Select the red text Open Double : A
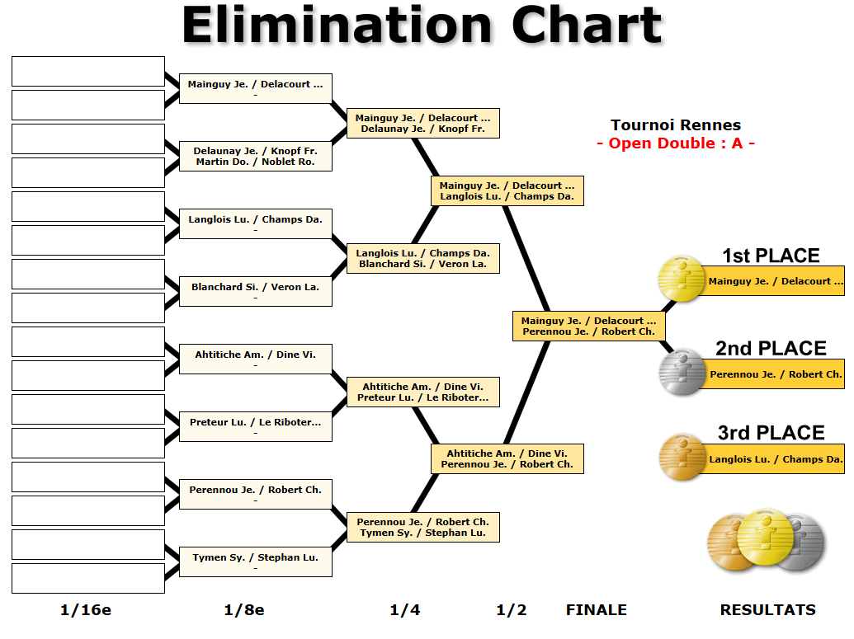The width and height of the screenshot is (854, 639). click(675, 143)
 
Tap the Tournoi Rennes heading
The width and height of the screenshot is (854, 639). click(675, 125)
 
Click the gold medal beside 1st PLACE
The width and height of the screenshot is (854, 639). click(682, 279)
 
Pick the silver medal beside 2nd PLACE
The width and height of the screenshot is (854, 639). click(682, 373)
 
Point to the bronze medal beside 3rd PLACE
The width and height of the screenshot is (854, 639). click(682, 457)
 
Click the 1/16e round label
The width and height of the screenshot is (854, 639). click(86, 610)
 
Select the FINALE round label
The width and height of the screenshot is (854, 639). click(596, 610)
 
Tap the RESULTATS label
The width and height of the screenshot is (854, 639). click(767, 610)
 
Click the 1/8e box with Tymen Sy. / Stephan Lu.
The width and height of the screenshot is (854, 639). click(256, 562)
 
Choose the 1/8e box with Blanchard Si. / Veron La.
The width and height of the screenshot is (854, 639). click(256, 292)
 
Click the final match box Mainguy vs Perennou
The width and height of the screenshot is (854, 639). click(588, 326)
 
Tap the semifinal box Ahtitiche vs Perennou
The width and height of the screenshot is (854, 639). click(507, 458)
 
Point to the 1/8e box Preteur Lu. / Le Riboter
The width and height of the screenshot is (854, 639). click(256, 427)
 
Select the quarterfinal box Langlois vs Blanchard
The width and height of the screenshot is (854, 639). click(423, 258)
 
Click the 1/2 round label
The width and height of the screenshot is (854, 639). click(511, 610)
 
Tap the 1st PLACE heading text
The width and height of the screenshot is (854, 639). click(771, 256)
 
